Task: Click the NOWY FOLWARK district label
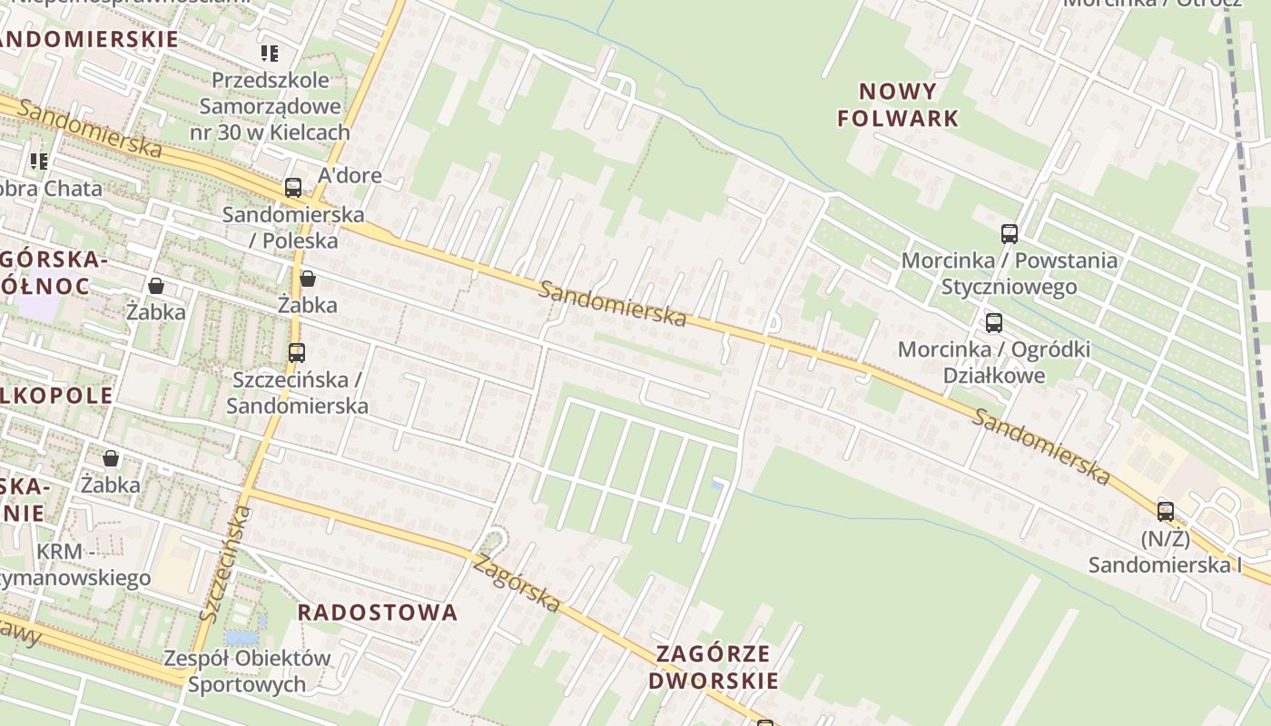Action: [898, 104]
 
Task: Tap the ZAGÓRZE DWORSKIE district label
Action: [713, 667]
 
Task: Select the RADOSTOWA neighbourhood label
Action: [378, 613]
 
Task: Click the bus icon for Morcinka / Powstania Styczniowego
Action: [1010, 233]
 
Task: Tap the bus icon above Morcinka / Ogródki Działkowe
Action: [994, 322]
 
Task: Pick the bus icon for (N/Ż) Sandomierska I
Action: [1166, 511]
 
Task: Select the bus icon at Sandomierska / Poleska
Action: [292, 188]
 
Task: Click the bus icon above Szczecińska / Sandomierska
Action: [296, 352]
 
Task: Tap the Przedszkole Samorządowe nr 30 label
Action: [270, 106]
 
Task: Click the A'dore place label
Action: [350, 175]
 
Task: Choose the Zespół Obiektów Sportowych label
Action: [247, 671]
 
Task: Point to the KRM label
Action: [65, 552]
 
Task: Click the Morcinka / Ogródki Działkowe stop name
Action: [994, 362]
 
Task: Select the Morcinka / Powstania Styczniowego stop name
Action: [1010, 273]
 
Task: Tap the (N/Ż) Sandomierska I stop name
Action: [1166, 552]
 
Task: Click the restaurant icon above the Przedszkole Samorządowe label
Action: [270, 54]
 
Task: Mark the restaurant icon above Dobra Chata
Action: [39, 162]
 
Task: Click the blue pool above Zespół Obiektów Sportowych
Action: [241, 637]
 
